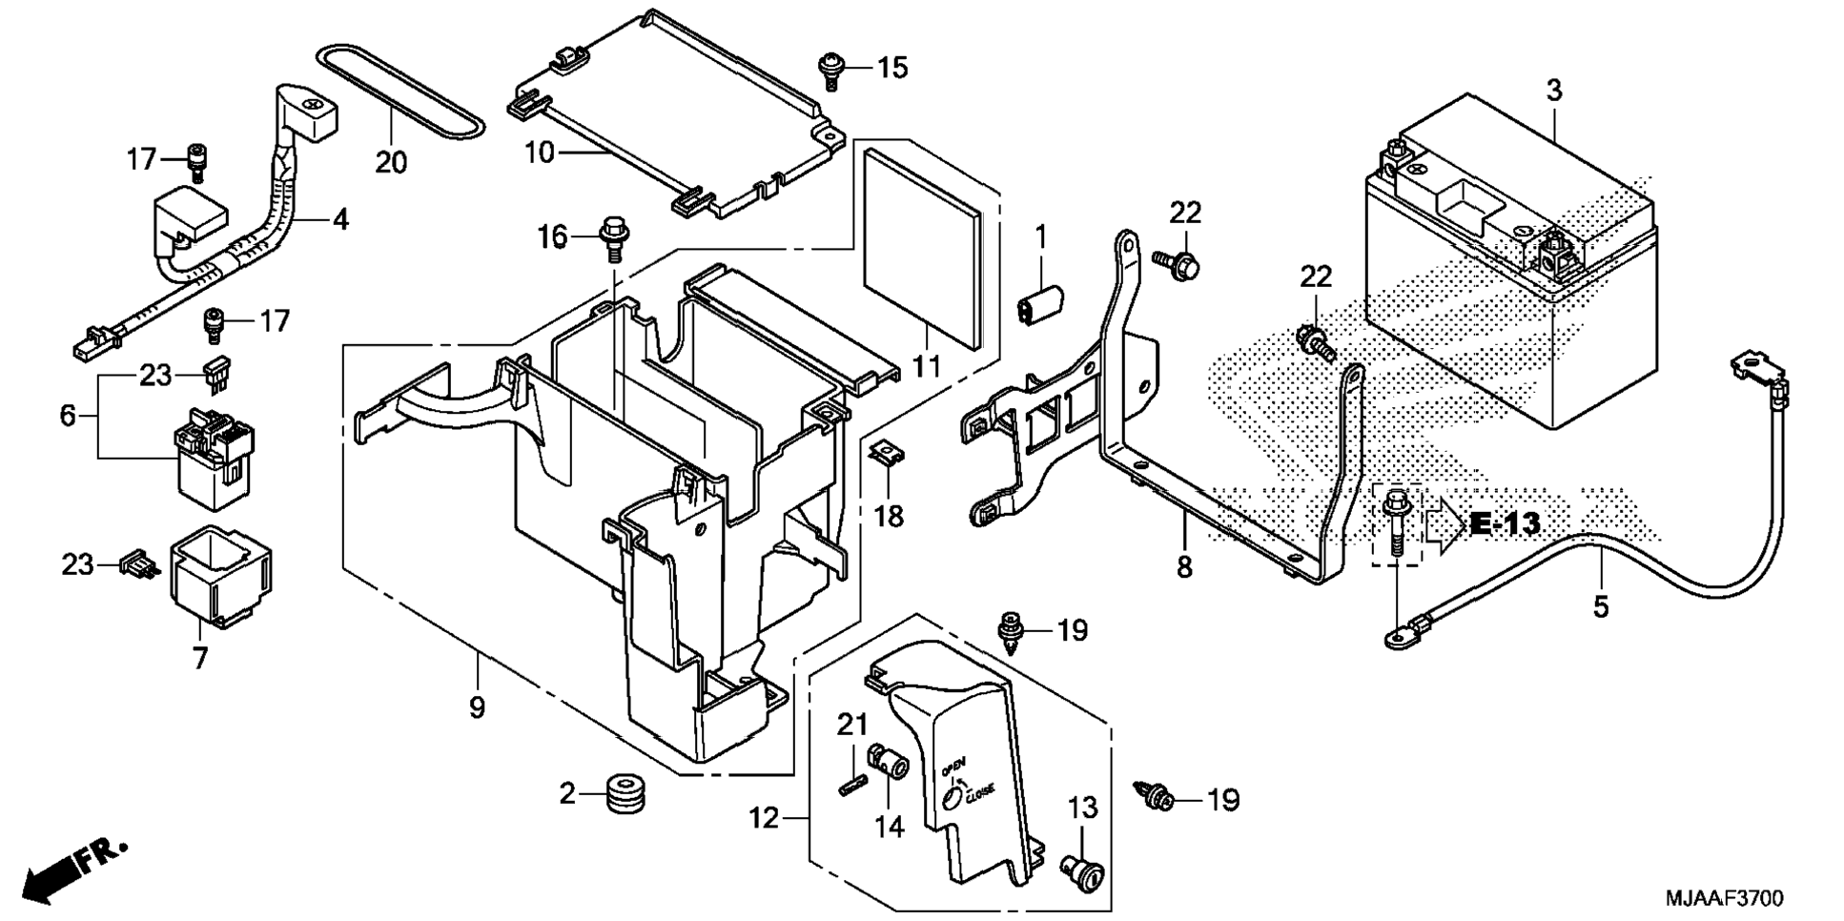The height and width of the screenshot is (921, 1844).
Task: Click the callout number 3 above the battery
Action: click(x=1554, y=92)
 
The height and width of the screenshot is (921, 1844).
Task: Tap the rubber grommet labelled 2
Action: click(x=625, y=793)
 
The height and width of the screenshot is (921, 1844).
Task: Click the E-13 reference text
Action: click(x=1506, y=523)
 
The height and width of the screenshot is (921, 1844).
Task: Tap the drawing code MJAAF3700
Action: click(x=1725, y=898)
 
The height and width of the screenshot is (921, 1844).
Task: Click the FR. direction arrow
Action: click(x=73, y=868)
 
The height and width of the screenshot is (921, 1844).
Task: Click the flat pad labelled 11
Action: click(x=921, y=247)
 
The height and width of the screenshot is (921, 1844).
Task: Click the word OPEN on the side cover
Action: click(x=953, y=765)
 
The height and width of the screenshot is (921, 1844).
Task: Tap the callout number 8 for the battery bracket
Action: click(x=1184, y=567)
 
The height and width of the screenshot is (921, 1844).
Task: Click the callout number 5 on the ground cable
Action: click(x=1601, y=605)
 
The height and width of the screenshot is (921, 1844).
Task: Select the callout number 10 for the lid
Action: click(x=540, y=152)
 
